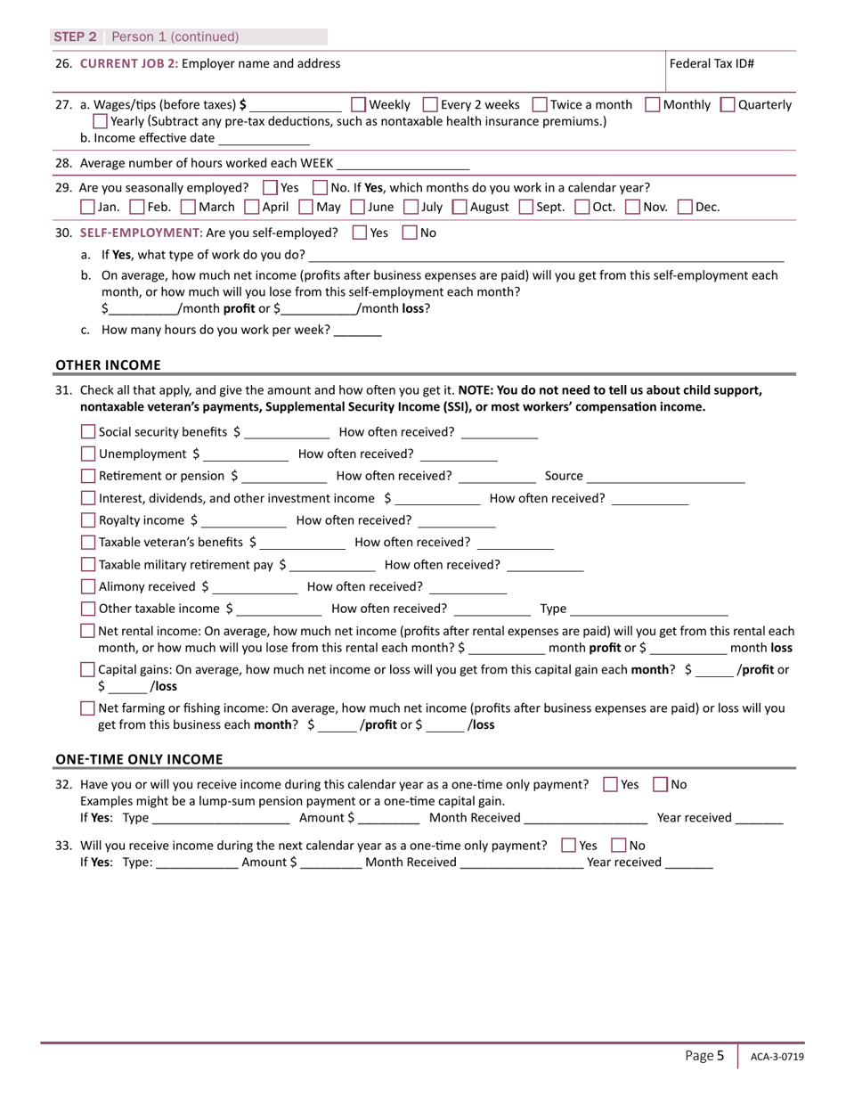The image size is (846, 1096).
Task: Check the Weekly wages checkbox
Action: click(359, 105)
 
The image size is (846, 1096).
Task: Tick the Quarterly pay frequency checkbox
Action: click(727, 105)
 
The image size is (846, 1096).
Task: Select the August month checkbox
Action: click(460, 208)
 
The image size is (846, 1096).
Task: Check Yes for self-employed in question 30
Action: click(360, 233)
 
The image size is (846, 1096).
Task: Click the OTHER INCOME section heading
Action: click(109, 364)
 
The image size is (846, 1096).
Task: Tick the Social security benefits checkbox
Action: click(88, 432)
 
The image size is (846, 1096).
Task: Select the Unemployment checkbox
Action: click(88, 454)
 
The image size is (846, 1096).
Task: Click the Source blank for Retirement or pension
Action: click(666, 478)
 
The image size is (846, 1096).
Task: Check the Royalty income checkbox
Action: click(88, 521)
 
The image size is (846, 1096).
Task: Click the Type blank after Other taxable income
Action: click(649, 610)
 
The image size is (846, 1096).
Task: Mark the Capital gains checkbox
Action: click(87, 669)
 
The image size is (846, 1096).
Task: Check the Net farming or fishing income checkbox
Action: click(87, 709)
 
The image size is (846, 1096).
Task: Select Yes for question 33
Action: click(569, 846)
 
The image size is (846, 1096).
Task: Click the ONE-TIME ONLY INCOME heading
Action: click(139, 759)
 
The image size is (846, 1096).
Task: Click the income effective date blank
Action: click(264, 139)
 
